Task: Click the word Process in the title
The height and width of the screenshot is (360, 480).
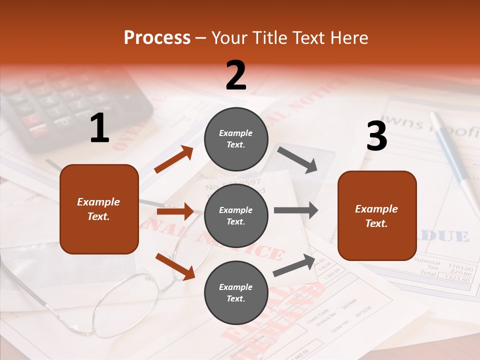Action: [x=157, y=38]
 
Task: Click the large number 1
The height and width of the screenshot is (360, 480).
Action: [x=99, y=128]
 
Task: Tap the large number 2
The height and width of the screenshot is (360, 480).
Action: [x=236, y=75]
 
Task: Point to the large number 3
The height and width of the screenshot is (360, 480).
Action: [x=376, y=136]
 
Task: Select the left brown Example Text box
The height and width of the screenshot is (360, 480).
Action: [x=99, y=209]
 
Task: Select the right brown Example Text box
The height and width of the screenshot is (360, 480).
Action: [x=377, y=216]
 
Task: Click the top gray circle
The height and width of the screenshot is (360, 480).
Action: [x=236, y=139]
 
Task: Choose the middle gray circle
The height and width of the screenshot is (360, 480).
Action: [x=236, y=216]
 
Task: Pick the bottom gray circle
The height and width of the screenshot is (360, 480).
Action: [x=236, y=293]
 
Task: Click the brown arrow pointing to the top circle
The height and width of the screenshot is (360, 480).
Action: [x=173, y=159]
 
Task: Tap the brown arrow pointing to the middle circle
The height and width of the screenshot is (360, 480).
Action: [x=175, y=211]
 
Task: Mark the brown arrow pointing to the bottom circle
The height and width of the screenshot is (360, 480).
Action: [x=175, y=266]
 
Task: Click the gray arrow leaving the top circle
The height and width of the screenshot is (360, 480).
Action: [x=297, y=159]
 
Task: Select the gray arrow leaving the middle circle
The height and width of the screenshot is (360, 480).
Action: [x=296, y=210]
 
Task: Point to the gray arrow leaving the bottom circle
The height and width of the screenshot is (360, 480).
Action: [x=294, y=265]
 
